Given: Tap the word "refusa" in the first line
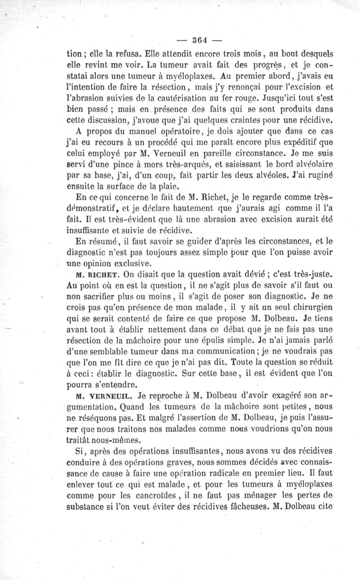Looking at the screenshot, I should coord(119,52).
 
